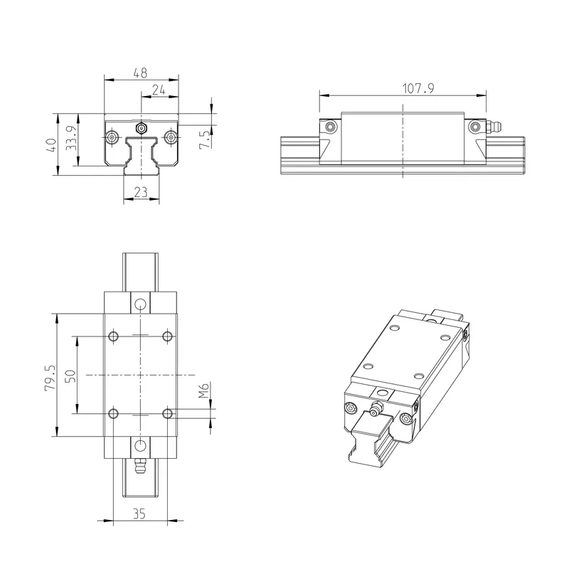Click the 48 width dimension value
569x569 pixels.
(140, 73)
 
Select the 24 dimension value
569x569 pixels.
(159, 90)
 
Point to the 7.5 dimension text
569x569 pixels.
(205, 139)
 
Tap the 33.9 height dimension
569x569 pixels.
(71, 138)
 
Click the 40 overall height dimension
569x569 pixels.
(52, 145)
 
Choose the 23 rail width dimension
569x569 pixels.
(141, 191)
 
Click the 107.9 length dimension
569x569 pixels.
(418, 88)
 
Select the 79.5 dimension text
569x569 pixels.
(50, 378)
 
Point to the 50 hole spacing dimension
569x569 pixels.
(70, 376)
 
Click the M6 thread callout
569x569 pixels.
(204, 390)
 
